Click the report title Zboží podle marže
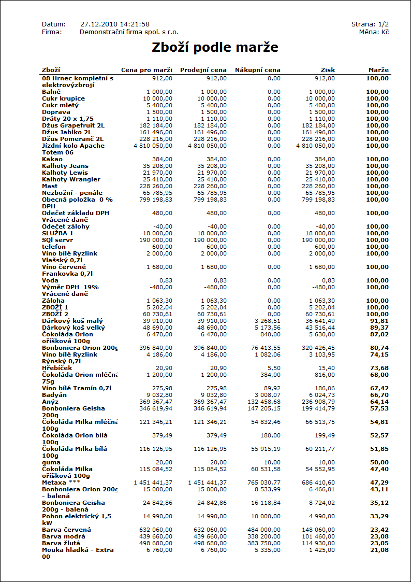click(x=215, y=48)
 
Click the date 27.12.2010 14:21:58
click(x=115, y=24)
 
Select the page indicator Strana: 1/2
click(x=370, y=24)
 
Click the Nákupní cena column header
click(x=257, y=70)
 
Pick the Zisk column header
click(x=328, y=70)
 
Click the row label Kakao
click(x=52, y=159)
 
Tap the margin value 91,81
click(x=378, y=321)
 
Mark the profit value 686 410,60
click(x=316, y=482)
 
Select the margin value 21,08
click(x=378, y=550)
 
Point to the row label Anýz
click(x=50, y=402)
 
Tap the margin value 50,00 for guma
click(x=378, y=462)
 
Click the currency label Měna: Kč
click(x=374, y=32)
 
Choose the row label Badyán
click(x=54, y=395)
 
